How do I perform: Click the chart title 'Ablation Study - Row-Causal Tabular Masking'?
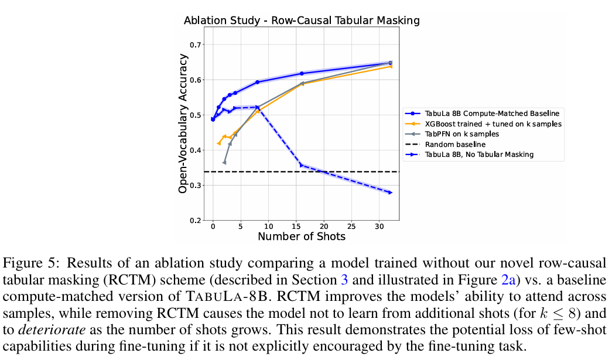tap(302, 20)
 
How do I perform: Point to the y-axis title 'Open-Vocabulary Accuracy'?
tap(183, 124)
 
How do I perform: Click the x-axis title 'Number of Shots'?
tap(302, 236)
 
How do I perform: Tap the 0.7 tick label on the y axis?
tap(196, 45)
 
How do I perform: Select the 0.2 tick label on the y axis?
tap(196, 221)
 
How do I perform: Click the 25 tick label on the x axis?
tap(351, 226)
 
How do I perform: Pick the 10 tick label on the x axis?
tap(268, 226)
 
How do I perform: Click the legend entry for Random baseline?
tap(455, 144)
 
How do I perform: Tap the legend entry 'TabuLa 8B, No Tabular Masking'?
tap(480, 155)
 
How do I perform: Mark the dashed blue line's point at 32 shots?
tap(390, 193)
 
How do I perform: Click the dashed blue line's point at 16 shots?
tap(302, 165)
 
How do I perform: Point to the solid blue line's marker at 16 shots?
tap(302, 73)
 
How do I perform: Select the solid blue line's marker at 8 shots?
tap(257, 82)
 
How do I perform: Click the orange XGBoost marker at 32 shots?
tap(390, 66)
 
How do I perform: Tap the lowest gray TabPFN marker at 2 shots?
tap(224, 162)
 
